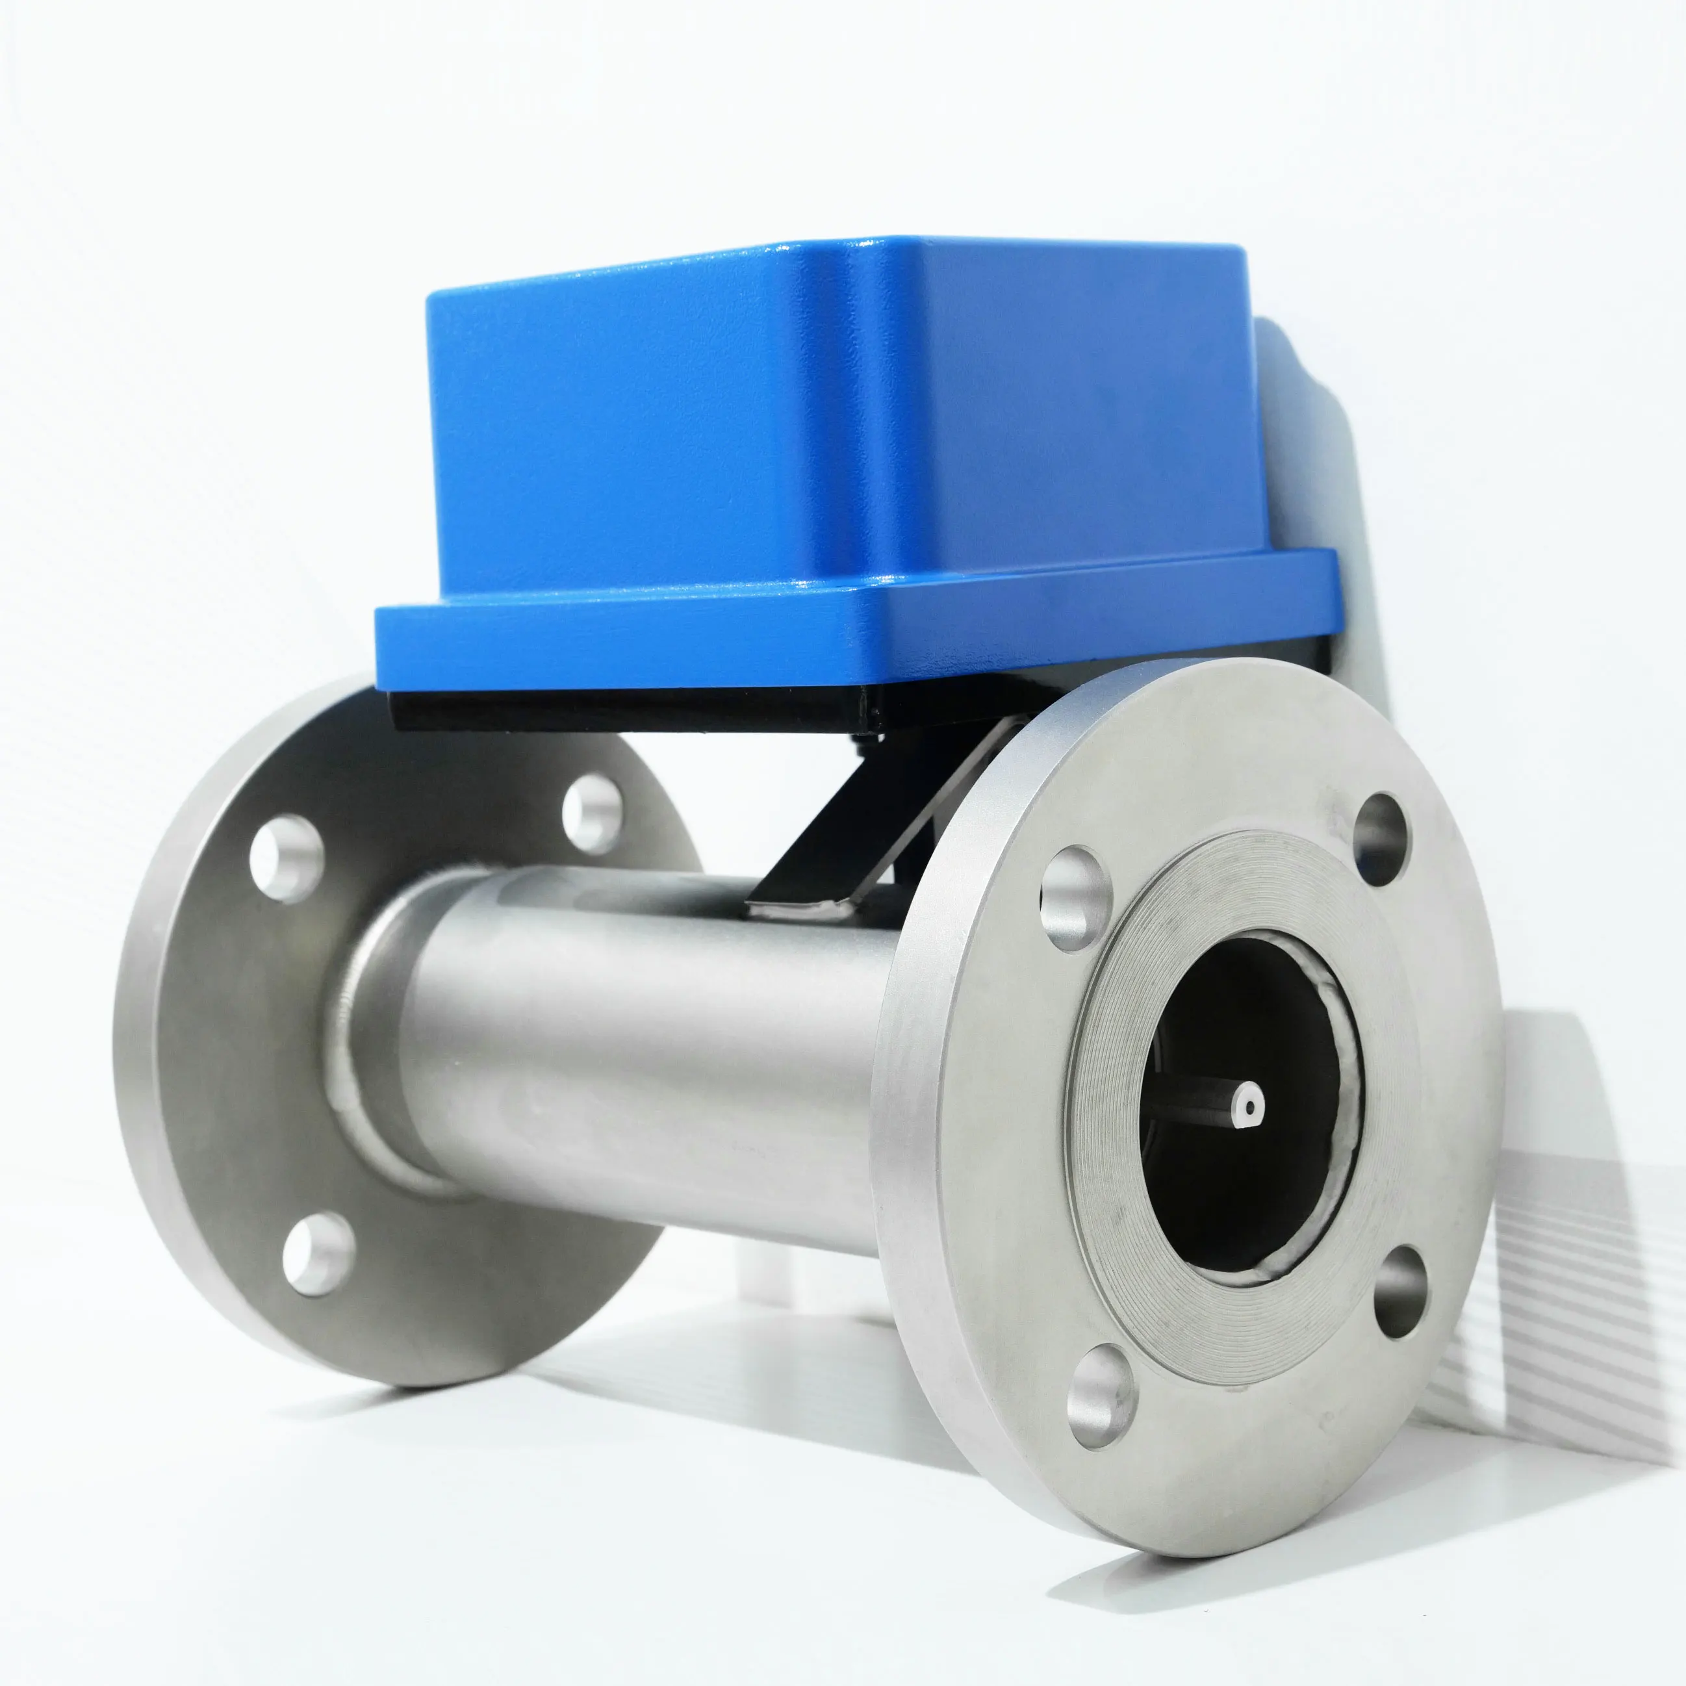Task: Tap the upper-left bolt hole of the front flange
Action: [x=1075, y=898]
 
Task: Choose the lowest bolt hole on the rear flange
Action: [x=318, y=1253]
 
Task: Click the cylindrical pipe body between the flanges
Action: [x=646, y=1047]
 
